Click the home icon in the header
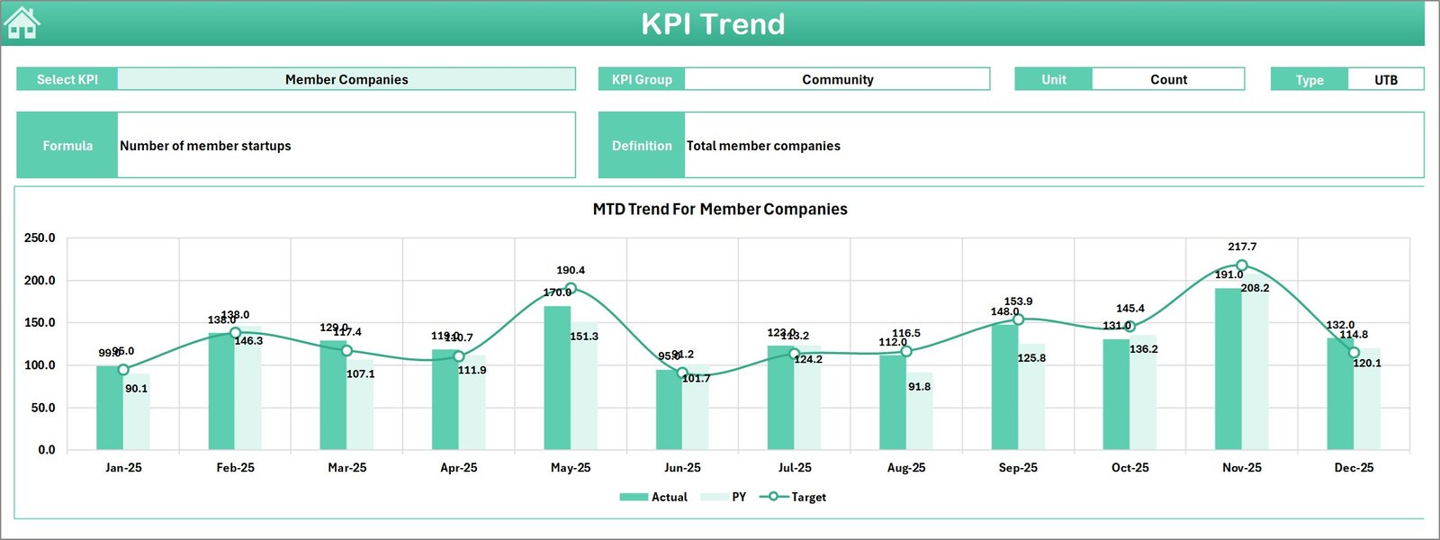[22, 23]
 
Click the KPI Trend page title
[713, 24]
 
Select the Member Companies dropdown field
[346, 79]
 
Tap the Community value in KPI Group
[837, 79]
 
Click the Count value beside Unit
[1168, 79]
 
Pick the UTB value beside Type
[1386, 79]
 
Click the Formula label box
[67, 145]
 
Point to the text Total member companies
[763, 146]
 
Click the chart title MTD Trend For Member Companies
[720, 209]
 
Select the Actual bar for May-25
[557, 378]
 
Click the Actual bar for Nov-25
[1228, 369]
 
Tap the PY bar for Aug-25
[920, 412]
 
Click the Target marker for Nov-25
[1242, 265]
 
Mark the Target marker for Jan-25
[123, 370]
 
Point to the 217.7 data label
[1242, 247]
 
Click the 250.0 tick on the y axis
[40, 238]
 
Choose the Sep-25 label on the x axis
[1018, 468]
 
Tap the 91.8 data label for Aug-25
[920, 387]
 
